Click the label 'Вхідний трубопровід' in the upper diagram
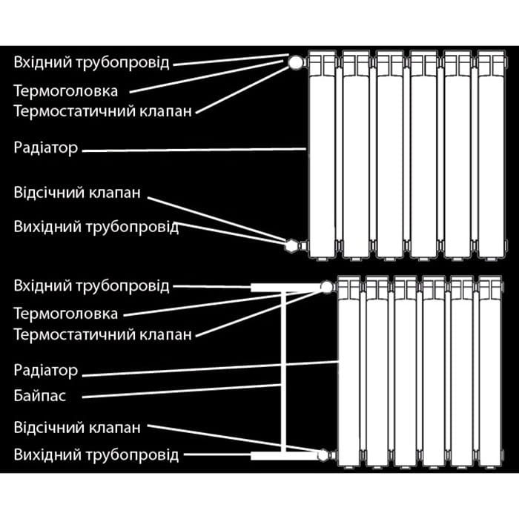91,62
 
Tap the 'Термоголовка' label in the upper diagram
65,91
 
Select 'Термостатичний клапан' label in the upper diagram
102,111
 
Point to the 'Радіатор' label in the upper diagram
46,148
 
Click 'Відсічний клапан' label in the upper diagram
77,193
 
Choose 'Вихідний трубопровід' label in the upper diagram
96,227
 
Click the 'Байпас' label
40,395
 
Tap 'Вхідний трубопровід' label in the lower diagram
91,286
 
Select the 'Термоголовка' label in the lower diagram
65,314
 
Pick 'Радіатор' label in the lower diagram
46,371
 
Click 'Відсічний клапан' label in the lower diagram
77,428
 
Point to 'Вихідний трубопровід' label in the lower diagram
96,455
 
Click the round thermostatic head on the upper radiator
295,62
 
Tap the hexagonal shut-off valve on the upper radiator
291,246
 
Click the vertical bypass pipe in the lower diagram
283,371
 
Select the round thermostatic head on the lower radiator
327,287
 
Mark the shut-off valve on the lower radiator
323,455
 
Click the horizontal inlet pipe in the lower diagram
286,288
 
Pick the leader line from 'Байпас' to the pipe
182,391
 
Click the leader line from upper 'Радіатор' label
194,150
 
